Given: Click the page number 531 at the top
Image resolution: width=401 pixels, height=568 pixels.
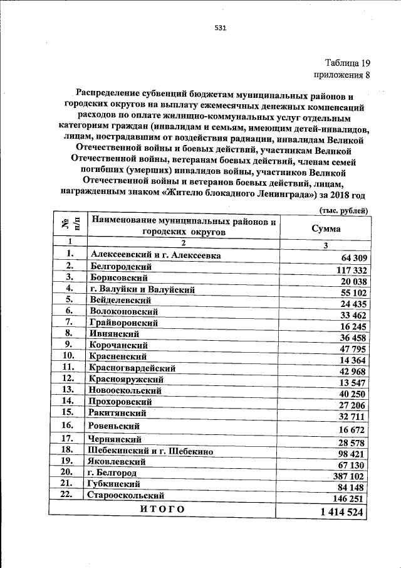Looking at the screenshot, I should [220, 28].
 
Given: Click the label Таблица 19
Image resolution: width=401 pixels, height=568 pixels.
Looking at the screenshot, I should [348, 63].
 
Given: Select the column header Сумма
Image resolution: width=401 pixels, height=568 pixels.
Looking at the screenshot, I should [326, 228].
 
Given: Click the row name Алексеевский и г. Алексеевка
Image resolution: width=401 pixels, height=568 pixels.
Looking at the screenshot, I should [155, 255].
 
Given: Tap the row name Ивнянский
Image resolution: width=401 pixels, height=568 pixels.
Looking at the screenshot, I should [115, 334].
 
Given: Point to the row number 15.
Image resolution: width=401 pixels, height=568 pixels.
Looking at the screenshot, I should [68, 412].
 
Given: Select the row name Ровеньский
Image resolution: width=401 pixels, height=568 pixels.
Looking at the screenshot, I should [117, 426].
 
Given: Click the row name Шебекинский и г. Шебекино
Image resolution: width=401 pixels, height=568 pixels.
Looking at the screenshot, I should [152, 451].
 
